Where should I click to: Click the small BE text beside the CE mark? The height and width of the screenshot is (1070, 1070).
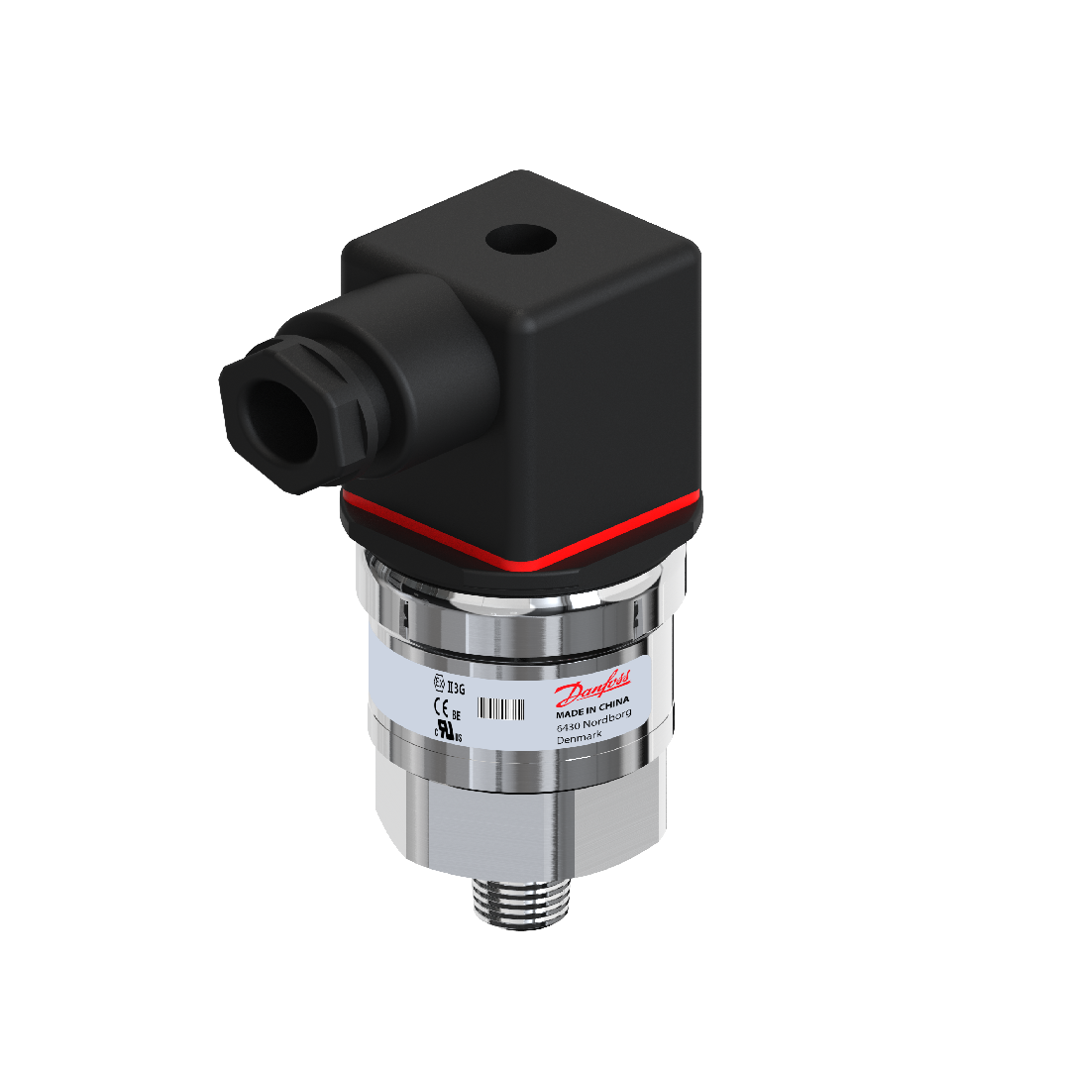[457, 712]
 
